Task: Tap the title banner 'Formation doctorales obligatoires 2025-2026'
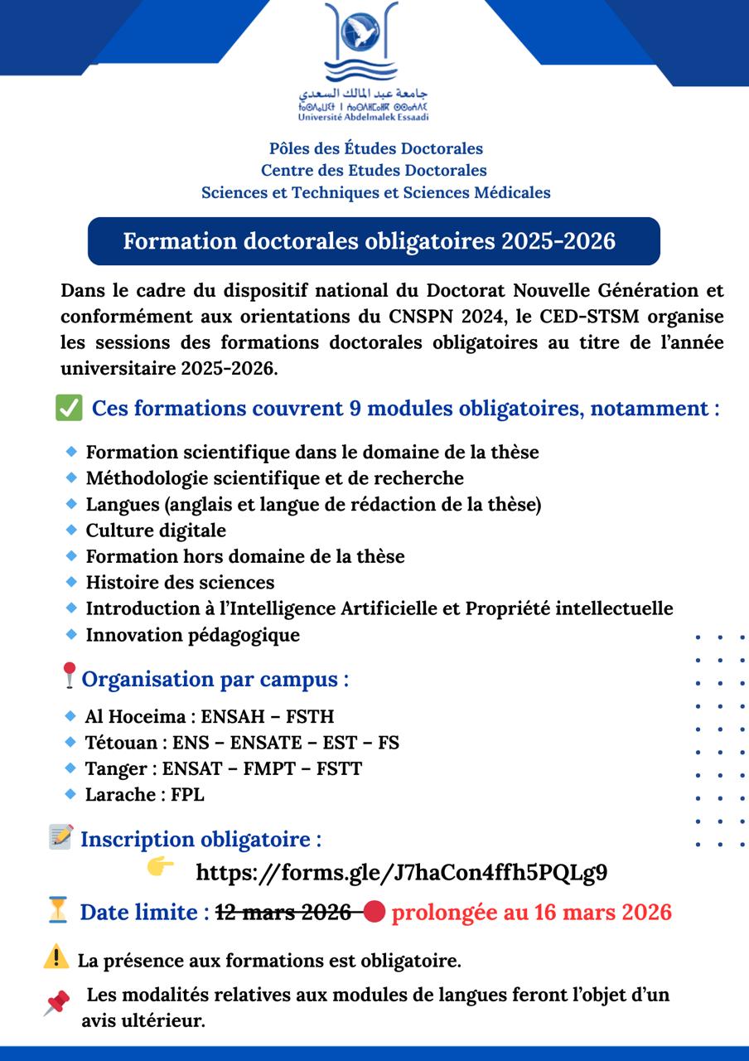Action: pos(374,241)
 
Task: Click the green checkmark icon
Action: pos(69,408)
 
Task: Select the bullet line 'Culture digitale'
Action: pos(156,530)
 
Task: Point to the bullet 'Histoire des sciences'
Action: pos(180,582)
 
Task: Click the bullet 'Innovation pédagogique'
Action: pos(192,635)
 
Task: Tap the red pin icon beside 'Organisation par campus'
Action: pos(70,675)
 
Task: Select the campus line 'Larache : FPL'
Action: pos(144,794)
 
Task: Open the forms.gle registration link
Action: pos(402,872)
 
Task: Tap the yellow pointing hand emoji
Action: pos(160,866)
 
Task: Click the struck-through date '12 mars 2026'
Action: pos(283,913)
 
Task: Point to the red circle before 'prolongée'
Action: pos(374,913)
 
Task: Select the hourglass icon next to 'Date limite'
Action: pos(57,910)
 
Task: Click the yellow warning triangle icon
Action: pos(56,957)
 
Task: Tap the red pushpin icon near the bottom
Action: pos(56,1004)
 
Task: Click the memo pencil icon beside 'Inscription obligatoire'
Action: pos(60,836)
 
